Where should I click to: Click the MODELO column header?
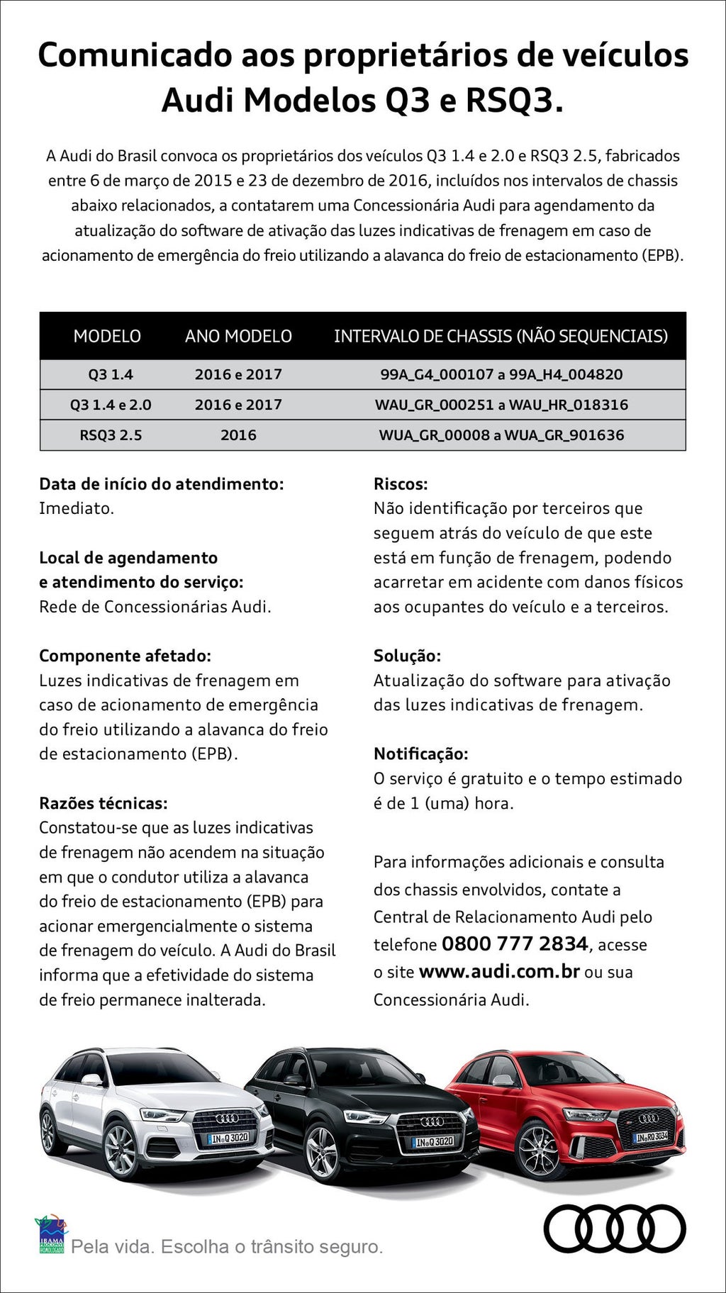[x=107, y=336]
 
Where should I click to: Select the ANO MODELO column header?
[x=238, y=336]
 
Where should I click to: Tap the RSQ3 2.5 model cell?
[x=111, y=435]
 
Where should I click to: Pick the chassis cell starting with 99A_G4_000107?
[x=501, y=374]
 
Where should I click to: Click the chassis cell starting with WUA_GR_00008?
[x=501, y=435]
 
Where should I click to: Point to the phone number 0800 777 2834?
[x=515, y=944]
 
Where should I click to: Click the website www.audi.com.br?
[x=499, y=971]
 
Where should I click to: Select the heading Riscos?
[x=401, y=484]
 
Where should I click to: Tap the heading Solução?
[x=407, y=656]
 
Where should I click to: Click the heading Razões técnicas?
[x=104, y=803]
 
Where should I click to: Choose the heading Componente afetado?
[x=125, y=656]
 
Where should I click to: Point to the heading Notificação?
[x=421, y=754]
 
